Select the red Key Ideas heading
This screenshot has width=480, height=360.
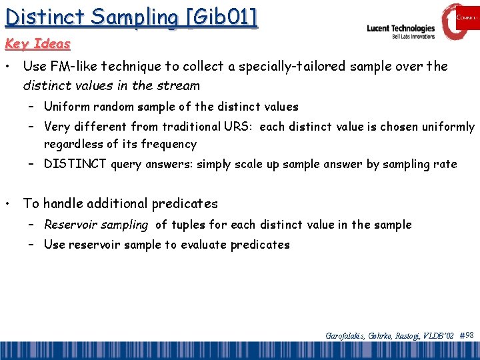[37, 44]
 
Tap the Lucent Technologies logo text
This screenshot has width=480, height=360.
[401, 29]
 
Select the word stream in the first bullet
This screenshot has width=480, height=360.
[179, 85]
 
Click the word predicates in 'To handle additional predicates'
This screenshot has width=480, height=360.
[185, 203]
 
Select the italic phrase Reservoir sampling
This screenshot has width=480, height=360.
[96, 225]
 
